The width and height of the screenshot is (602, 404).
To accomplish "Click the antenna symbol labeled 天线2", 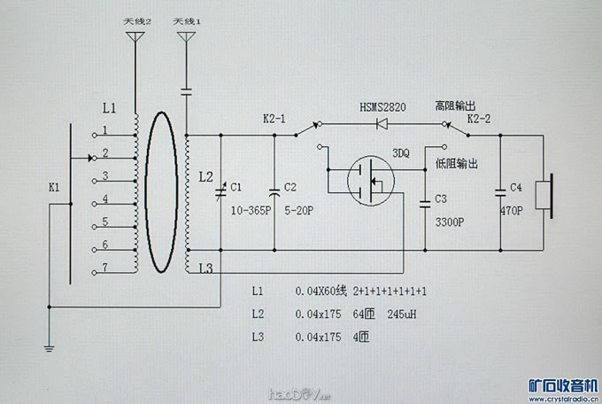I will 135,37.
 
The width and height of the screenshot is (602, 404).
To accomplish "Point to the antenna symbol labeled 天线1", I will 187,37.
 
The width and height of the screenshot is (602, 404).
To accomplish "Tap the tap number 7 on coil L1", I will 104,268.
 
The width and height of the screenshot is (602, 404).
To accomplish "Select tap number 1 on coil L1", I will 104,130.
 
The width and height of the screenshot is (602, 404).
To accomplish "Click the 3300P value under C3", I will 451,223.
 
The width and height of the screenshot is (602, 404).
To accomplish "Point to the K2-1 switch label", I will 275,118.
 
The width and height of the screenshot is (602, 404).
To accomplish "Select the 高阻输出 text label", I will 456,105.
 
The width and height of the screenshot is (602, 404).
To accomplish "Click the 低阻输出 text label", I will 457,164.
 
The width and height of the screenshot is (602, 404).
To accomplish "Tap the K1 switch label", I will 55,188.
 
